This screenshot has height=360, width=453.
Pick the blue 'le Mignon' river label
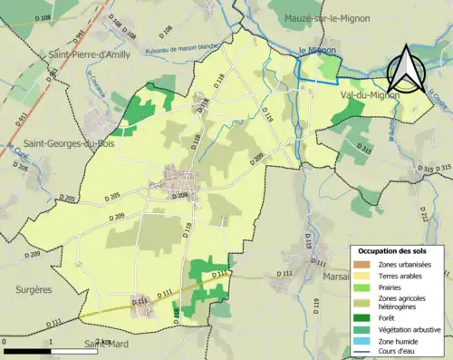click(x=317, y=51)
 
